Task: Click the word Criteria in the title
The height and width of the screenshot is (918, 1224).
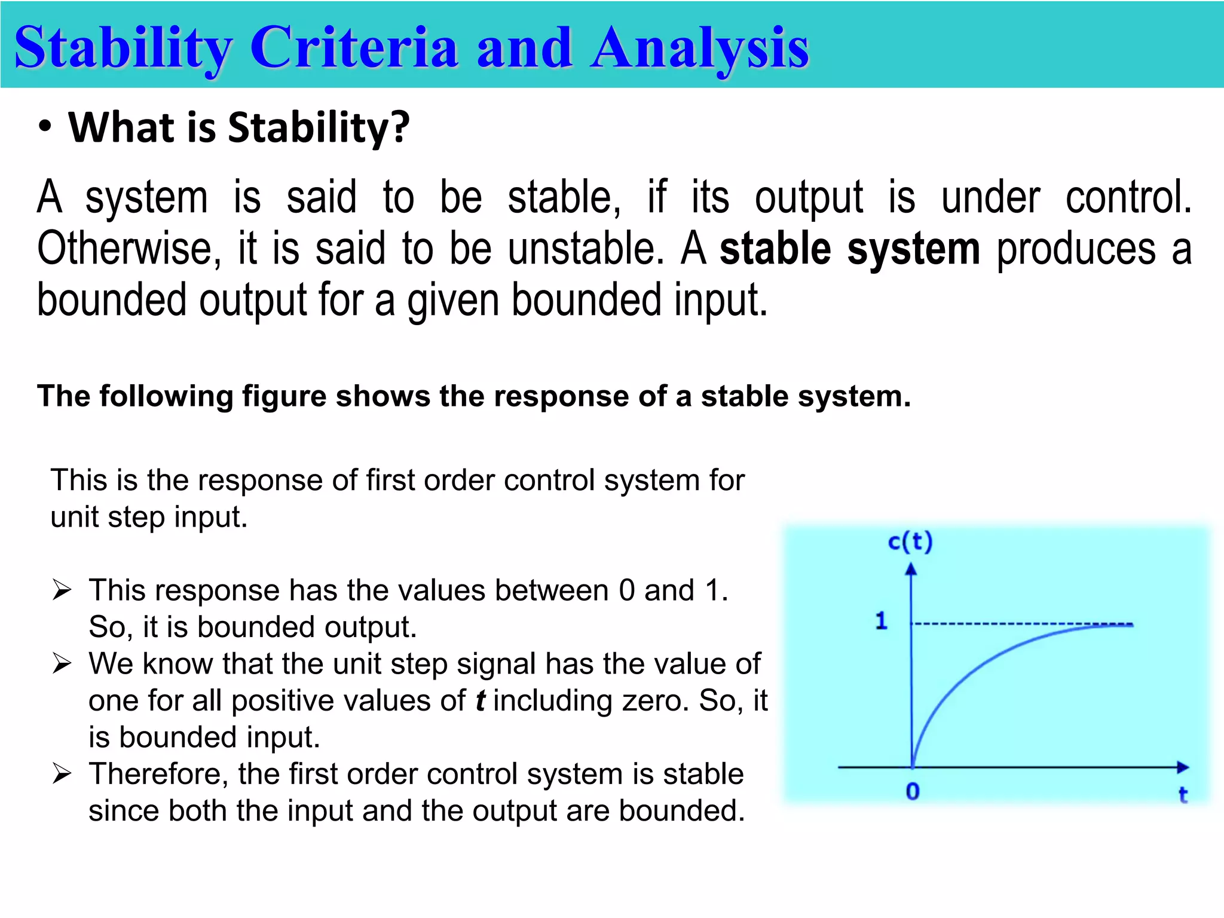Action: [354, 48]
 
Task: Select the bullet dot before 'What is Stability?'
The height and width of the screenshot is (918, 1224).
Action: [45, 127]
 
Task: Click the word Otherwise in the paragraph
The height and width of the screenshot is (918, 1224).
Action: [124, 249]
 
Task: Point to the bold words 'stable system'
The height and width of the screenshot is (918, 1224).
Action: [849, 249]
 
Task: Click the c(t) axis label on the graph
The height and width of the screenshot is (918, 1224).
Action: [910, 541]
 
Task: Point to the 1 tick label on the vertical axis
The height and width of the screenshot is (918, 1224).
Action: [881, 622]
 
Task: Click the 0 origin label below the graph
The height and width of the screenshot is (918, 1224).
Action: [912, 791]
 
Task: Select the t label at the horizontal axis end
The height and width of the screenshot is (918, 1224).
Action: [1182, 794]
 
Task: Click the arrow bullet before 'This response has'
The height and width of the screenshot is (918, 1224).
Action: [62, 590]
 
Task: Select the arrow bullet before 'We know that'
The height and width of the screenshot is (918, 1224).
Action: [62, 664]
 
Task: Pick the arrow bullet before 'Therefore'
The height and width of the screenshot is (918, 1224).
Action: [62, 774]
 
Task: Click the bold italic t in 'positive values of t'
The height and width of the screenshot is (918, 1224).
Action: [480, 700]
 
